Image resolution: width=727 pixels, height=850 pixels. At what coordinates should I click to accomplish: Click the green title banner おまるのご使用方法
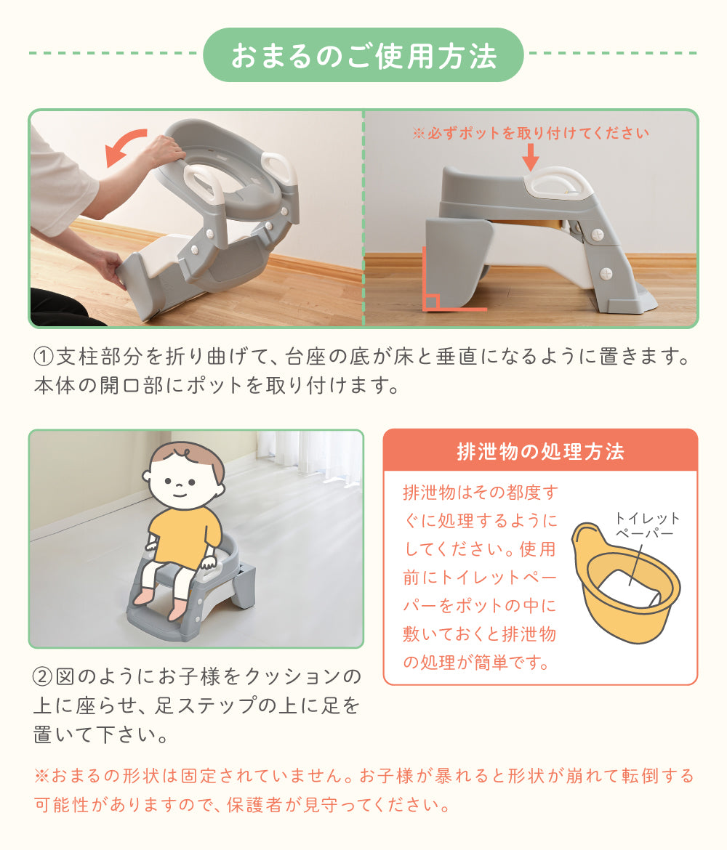pyautogui.click(x=363, y=54)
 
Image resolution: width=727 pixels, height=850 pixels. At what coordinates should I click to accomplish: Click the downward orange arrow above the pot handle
pyautogui.click(x=530, y=157)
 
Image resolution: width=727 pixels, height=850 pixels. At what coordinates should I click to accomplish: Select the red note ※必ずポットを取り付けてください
pyautogui.click(x=531, y=133)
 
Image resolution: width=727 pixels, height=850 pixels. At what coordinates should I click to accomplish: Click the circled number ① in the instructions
pyautogui.click(x=44, y=357)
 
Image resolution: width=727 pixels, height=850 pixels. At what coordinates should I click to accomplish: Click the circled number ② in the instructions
pyautogui.click(x=44, y=676)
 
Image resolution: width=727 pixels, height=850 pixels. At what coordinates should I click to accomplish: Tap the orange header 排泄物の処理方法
pyautogui.click(x=540, y=451)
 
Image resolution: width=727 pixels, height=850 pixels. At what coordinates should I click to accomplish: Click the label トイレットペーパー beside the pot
pyautogui.click(x=647, y=526)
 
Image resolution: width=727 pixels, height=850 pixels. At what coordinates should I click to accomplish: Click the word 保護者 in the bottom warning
pyautogui.click(x=254, y=804)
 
